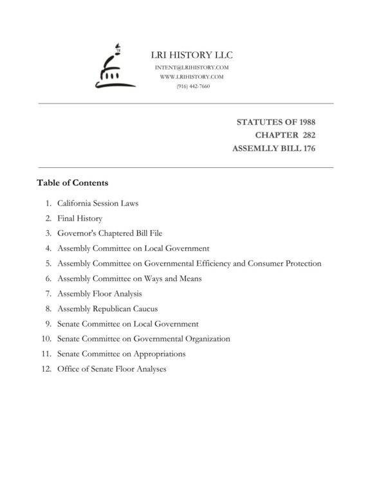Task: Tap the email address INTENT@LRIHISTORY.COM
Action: pos(191,68)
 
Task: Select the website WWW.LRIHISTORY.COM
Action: pos(191,77)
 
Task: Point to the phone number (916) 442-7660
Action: pos(191,86)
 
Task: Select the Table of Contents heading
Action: pos(73,183)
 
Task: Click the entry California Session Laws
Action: pos(98,204)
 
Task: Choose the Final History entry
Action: pos(80,219)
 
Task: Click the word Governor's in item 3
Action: pos(76,233)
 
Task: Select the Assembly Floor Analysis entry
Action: pos(99,293)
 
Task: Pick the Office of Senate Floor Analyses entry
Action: pos(111,369)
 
